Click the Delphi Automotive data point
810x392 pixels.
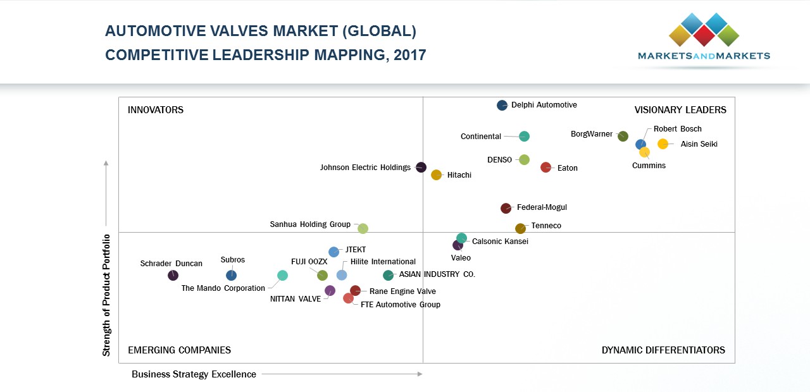(502, 106)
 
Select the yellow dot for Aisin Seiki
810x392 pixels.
(663, 144)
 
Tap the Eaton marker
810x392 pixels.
(546, 168)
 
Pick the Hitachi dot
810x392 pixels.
(436, 175)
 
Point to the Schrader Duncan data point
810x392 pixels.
(173, 276)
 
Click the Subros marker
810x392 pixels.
(231, 276)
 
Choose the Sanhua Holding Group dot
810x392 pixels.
(363, 229)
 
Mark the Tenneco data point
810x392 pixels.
(520, 229)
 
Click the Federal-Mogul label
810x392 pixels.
(542, 207)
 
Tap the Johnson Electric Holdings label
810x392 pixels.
(365, 168)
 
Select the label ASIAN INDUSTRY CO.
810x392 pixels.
(437, 274)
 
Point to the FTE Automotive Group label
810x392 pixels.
(400, 305)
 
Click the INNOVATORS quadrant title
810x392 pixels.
(156, 110)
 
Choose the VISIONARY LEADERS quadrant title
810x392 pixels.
(680, 110)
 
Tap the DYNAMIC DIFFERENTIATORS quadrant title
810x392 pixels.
(663, 350)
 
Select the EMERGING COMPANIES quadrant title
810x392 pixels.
(179, 350)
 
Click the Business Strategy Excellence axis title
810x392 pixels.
(194, 374)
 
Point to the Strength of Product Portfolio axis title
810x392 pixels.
(106, 295)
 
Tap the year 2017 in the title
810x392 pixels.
(409, 55)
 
